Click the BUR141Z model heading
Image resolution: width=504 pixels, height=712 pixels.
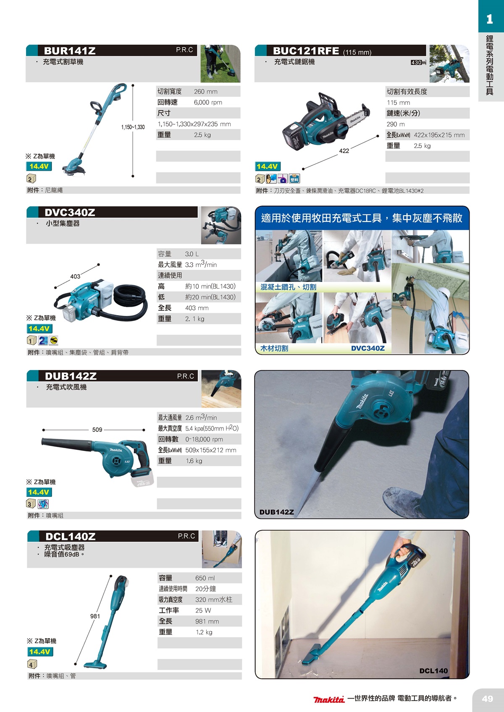click(x=70, y=51)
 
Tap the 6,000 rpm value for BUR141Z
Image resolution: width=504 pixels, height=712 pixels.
click(x=208, y=102)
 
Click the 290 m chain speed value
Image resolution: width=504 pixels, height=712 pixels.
click(x=396, y=124)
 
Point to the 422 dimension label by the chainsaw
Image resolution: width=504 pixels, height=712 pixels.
click(x=344, y=151)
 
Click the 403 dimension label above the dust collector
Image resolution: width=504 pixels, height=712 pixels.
click(x=75, y=276)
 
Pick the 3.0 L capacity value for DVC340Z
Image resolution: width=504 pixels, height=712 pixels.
click(x=192, y=254)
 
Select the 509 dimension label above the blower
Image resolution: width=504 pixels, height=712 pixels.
click(x=97, y=430)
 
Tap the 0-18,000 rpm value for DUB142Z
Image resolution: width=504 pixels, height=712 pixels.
click(x=204, y=439)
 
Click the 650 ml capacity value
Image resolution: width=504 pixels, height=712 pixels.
click(x=205, y=578)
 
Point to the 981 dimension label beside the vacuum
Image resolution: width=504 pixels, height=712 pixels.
click(x=95, y=616)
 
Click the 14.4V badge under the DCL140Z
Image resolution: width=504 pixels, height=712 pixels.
click(x=40, y=652)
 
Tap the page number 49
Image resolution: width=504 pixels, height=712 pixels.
click(x=487, y=699)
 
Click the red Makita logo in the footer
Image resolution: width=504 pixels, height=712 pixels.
click(x=329, y=699)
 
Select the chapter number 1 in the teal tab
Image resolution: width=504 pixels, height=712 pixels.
click(x=489, y=19)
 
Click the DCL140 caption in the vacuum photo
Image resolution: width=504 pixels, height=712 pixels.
click(x=433, y=671)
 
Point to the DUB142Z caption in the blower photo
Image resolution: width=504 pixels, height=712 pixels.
click(x=276, y=512)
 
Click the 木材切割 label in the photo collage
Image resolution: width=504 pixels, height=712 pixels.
click(x=274, y=348)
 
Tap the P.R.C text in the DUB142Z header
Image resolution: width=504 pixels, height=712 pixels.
click(x=185, y=376)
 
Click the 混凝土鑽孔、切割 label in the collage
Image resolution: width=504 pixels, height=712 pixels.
click(x=288, y=287)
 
